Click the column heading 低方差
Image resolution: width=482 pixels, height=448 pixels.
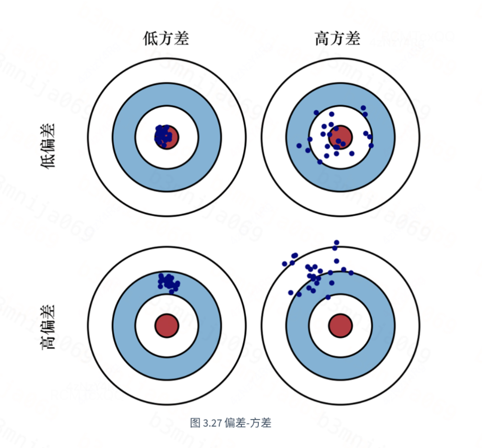(166, 39)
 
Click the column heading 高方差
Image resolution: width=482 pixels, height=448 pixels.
(337, 39)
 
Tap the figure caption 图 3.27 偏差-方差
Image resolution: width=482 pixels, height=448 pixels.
(230, 423)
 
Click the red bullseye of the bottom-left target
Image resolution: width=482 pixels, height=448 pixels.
(166, 325)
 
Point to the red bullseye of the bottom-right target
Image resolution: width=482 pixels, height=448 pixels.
(340, 325)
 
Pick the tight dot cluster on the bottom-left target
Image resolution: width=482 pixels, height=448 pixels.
(168, 282)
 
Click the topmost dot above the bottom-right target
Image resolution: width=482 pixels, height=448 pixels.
(337, 243)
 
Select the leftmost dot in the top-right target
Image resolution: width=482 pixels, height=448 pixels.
(299, 145)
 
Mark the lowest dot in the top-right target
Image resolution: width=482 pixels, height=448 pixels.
(320, 162)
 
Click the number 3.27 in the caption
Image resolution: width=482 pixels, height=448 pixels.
(212, 423)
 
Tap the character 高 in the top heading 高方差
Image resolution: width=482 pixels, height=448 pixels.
(322, 39)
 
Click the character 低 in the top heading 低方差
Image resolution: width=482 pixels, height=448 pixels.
(150, 39)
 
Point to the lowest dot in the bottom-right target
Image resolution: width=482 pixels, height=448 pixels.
(328, 297)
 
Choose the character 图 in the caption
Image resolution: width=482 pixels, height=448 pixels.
(195, 423)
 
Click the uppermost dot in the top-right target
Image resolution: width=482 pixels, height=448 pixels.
(363, 108)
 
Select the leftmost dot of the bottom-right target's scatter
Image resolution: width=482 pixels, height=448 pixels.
(285, 264)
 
